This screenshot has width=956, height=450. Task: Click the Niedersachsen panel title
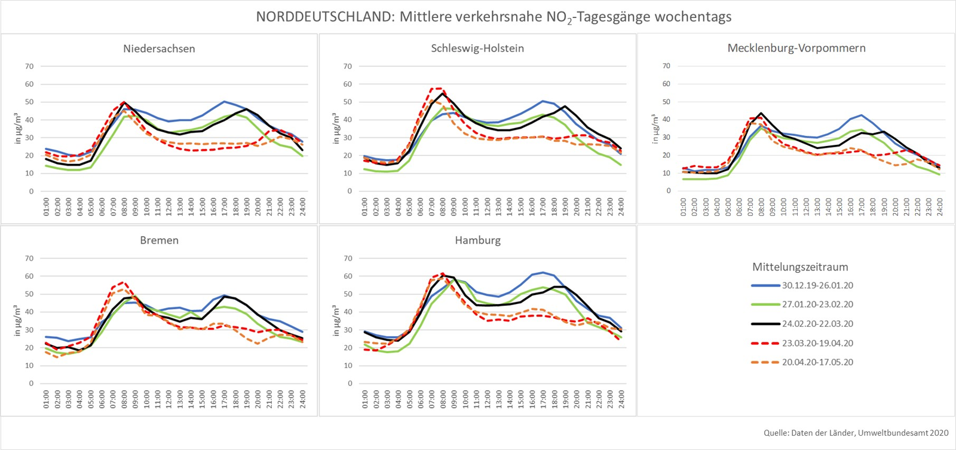point(159,48)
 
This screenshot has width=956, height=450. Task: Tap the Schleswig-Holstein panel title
point(477,48)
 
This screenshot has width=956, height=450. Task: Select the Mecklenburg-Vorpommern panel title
point(796,48)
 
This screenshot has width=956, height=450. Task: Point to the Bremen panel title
point(159,240)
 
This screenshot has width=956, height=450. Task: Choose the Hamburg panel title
point(477,240)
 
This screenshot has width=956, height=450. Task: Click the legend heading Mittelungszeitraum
point(800,267)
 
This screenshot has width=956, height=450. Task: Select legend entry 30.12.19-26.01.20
point(817,285)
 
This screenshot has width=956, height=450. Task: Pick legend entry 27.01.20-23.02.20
point(817,305)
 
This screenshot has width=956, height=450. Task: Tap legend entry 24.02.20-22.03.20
point(817,324)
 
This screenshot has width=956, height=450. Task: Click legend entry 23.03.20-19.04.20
point(817,343)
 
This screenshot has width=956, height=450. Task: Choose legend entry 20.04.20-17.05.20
point(817,362)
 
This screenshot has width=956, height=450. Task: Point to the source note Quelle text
point(856,433)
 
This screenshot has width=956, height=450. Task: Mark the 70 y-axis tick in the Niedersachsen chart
point(29,66)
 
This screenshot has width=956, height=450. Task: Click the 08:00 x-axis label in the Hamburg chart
point(443,399)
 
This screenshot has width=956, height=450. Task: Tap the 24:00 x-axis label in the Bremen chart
point(302,399)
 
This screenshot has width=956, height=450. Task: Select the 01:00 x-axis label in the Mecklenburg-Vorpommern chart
point(684,206)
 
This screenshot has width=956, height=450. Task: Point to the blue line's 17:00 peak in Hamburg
point(543,272)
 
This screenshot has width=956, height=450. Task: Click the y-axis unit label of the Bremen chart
point(17,320)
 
